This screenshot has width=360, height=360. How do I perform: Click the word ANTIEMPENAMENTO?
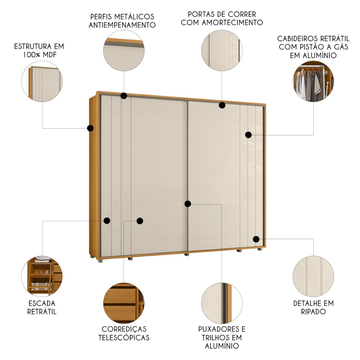click(122, 25)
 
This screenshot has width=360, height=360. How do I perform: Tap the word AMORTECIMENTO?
click(233, 22)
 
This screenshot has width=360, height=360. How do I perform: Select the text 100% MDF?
click(40, 55)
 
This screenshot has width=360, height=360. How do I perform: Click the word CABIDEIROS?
click(296, 39)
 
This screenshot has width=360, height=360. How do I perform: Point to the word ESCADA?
click(42, 303)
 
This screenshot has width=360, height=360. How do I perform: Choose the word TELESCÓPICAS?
click(124, 338)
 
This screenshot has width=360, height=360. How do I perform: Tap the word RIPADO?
click(314, 311)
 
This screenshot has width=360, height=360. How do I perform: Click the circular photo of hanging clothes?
click(314, 81)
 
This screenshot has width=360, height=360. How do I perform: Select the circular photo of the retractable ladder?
click(42, 276)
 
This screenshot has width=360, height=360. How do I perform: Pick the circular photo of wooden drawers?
click(124, 303)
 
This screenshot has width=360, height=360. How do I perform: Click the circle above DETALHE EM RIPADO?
click(314, 276)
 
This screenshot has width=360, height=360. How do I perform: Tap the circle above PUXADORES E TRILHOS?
click(222, 303)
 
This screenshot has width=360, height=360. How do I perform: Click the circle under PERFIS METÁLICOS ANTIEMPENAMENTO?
click(124, 50)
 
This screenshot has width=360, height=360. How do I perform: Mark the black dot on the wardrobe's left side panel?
click(90, 128)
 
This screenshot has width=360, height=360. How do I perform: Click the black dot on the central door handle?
click(188, 204)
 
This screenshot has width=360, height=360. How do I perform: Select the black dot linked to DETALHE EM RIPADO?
click(256, 239)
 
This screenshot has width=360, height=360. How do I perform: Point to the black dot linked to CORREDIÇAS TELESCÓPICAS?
click(140, 221)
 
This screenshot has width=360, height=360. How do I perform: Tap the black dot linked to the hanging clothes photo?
click(248, 135)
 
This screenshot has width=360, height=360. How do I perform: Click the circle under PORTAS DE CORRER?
click(222, 50)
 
